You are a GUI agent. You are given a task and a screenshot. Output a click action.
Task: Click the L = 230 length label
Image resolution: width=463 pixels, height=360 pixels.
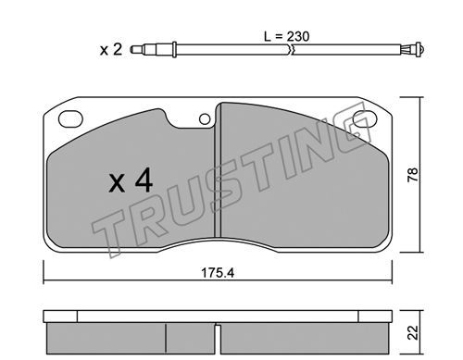click(x=286, y=36)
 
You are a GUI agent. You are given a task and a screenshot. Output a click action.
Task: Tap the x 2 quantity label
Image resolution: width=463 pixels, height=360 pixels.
click(x=111, y=50)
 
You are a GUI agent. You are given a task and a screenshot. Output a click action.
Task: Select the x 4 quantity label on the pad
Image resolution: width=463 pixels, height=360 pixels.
click(x=131, y=180)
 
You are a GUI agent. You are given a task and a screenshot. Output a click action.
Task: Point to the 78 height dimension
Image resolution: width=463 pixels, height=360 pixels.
click(x=412, y=175)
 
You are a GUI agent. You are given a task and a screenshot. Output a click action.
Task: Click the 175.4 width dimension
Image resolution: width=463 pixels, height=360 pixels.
click(x=218, y=273)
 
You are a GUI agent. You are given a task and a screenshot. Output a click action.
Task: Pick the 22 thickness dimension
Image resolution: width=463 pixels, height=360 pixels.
click(x=412, y=332)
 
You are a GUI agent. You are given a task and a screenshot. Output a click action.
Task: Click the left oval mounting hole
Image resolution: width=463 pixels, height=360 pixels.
click(x=70, y=118)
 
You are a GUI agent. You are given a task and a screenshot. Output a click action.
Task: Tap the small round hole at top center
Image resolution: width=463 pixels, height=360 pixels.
click(x=205, y=119)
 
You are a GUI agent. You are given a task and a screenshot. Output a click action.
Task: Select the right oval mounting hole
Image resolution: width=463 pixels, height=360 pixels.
click(x=365, y=118)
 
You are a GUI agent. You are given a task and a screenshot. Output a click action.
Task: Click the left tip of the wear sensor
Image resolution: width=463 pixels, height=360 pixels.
click(x=131, y=49)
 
